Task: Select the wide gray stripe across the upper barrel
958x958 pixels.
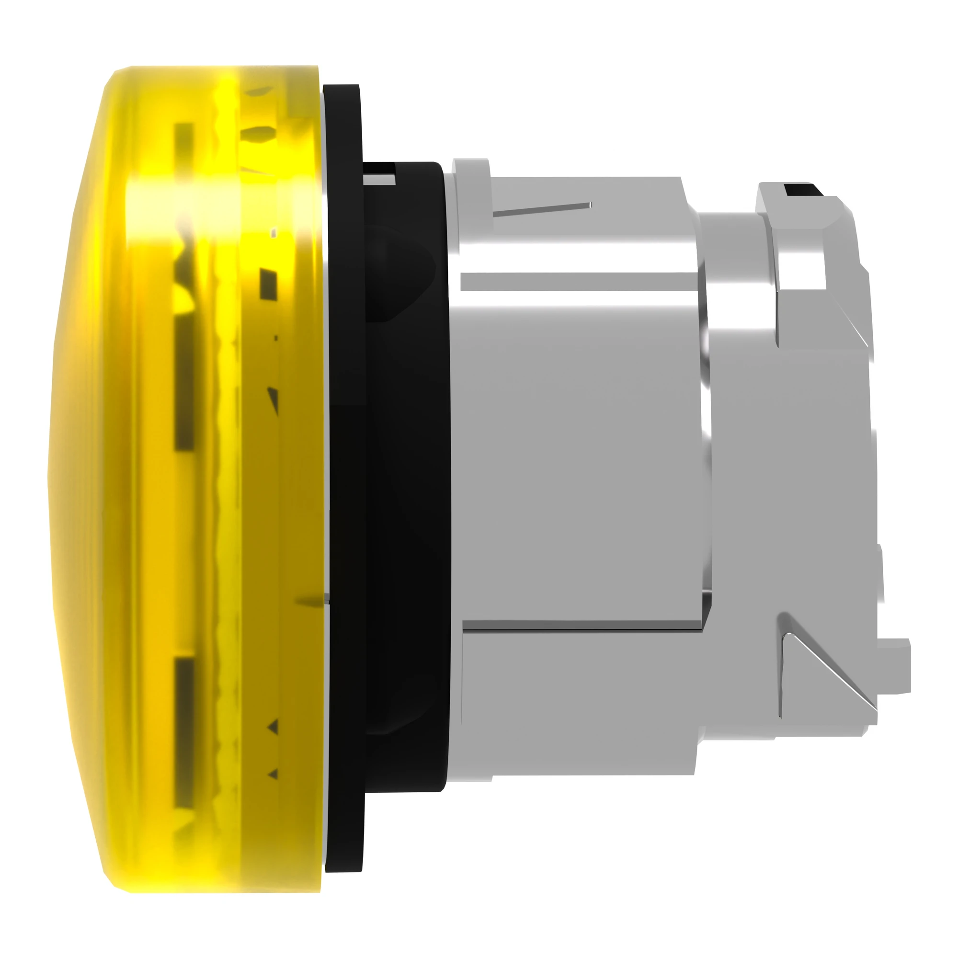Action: point(578,282)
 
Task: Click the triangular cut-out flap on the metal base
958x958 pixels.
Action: point(813,660)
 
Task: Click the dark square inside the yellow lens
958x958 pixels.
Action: point(269,283)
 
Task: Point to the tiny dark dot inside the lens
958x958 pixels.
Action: point(276,338)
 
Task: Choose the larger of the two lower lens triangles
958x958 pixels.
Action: point(272,728)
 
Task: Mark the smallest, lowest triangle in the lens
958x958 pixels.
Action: point(273,774)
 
